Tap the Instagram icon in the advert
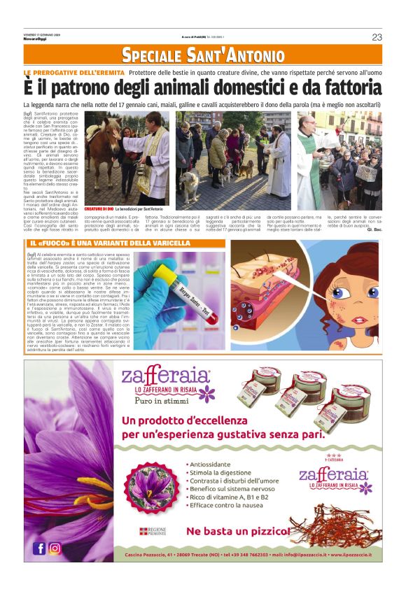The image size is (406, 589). click(x=54, y=548)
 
